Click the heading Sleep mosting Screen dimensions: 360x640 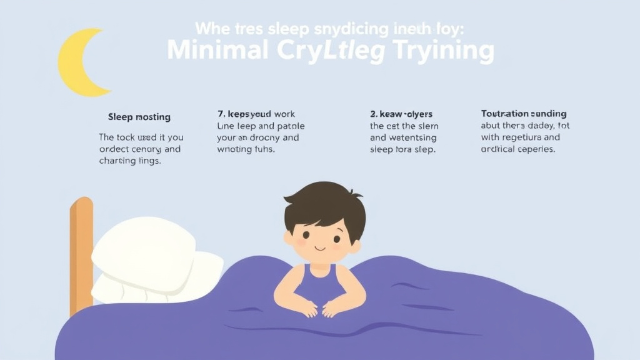(x=139, y=117)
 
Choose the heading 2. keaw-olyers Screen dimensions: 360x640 (x=401, y=114)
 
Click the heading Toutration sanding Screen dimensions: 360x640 (x=524, y=114)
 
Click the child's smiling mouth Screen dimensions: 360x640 (x=321, y=248)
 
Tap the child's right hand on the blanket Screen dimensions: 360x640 (x=306, y=307)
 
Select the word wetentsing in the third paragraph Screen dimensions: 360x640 (x=412, y=137)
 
